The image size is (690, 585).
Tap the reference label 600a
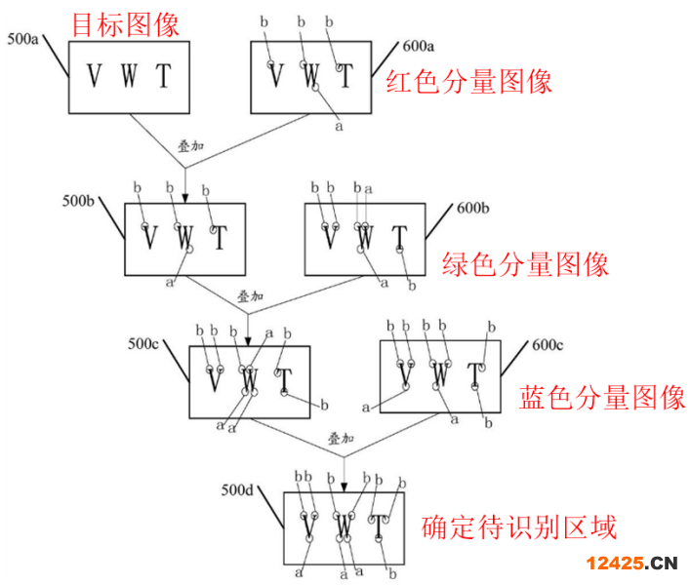421,45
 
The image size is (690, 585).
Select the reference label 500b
78,201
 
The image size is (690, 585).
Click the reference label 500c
145,344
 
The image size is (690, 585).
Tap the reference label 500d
237,489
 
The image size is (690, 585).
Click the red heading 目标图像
126,23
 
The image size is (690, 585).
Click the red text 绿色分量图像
526,263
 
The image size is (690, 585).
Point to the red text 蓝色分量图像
602,398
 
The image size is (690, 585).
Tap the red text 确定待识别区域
518,527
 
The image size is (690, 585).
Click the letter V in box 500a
95,75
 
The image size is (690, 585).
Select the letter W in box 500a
128,75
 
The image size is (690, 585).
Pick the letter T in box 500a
163,75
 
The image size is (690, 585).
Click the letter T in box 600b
399,238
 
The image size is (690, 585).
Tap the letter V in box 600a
276,75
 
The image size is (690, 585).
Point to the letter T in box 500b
220,237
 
